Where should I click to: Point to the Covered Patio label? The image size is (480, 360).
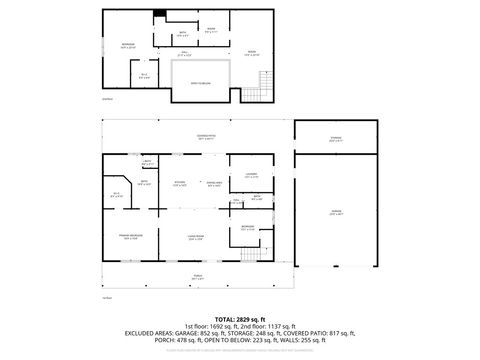point(206,138)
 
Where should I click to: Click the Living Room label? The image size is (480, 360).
point(195,237)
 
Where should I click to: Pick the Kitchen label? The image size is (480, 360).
point(180,183)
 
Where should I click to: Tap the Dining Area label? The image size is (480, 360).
point(213,183)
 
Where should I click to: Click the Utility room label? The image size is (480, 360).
point(146,162)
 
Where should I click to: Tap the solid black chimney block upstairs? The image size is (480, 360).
point(158,14)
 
